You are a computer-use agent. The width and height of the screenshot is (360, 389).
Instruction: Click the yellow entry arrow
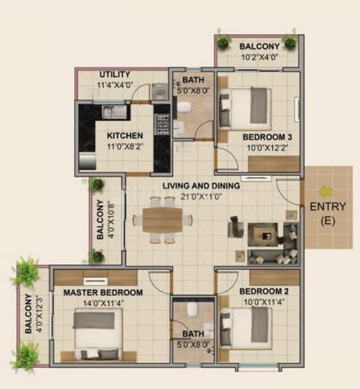325,192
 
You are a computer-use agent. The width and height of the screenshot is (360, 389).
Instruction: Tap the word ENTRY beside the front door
328,207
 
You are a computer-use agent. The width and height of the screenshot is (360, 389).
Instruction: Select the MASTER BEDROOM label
102,293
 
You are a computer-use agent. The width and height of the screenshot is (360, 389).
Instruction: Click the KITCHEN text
125,136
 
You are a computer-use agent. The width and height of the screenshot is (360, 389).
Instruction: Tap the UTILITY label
115,74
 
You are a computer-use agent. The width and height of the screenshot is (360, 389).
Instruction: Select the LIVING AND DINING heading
201,186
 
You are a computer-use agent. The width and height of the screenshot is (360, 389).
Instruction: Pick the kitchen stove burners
162,124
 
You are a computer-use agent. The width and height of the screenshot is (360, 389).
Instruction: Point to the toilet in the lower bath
192,308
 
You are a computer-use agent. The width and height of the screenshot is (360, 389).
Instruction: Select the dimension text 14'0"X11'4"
102,302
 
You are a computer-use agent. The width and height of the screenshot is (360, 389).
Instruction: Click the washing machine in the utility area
159,91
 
